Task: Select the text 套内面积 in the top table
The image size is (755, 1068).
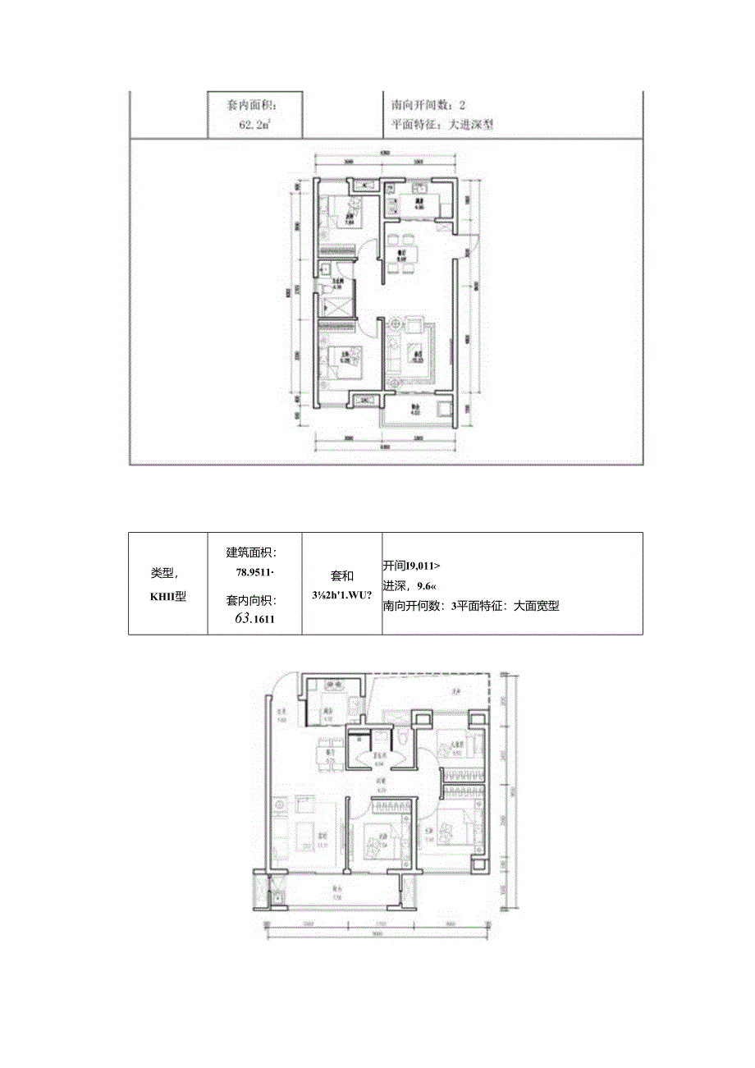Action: (253, 106)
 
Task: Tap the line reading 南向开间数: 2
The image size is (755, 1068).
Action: (429, 106)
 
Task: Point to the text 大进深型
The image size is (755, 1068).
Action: (470, 126)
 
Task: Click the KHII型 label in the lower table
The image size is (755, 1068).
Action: (168, 598)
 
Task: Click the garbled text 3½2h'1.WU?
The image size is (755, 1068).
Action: (341, 595)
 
